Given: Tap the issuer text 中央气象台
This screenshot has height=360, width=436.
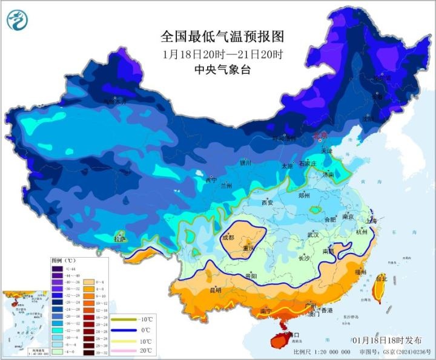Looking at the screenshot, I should pyautogui.click(x=222, y=70).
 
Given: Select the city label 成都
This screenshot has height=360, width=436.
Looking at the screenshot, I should pyautogui.click(x=228, y=238).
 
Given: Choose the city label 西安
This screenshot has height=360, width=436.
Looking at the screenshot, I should pyautogui.click(x=268, y=202).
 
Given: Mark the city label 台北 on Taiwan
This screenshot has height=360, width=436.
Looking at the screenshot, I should pyautogui.click(x=381, y=279).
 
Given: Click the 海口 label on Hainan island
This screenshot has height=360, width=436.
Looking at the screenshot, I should pyautogui.click(x=293, y=334).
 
